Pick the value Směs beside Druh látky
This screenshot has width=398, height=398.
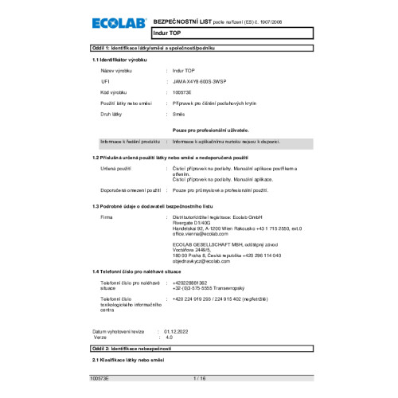pos(180,115)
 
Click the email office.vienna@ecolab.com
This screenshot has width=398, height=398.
pos(195,234)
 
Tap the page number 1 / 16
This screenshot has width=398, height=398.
pos(199,379)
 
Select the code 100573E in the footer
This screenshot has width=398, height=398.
pos(99,379)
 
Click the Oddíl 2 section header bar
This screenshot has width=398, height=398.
pos(199,349)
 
